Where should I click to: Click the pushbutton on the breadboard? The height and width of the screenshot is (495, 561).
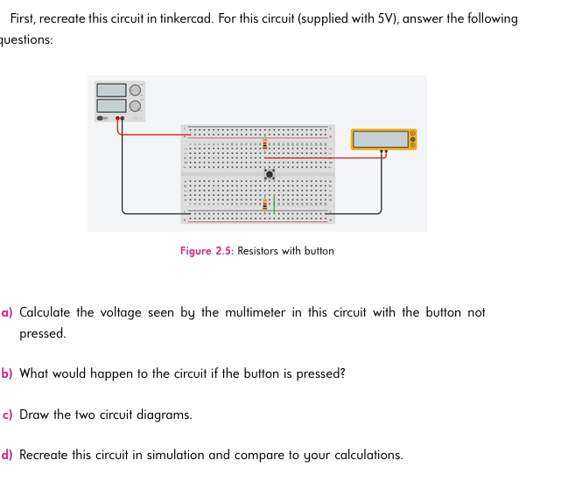pyautogui.click(x=270, y=175)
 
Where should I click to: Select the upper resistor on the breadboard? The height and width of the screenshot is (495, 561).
pyautogui.click(x=264, y=143)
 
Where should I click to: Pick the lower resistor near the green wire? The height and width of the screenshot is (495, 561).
pyautogui.click(x=264, y=204)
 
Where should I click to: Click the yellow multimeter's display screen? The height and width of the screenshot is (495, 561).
pyautogui.click(x=381, y=139)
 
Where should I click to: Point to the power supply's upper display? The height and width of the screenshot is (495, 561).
pyautogui.click(x=111, y=90)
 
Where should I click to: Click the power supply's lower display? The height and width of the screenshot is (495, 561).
pyautogui.click(x=111, y=105)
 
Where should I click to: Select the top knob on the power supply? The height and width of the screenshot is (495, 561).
pyautogui.click(x=135, y=90)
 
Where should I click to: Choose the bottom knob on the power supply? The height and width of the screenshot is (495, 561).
pyautogui.click(x=135, y=105)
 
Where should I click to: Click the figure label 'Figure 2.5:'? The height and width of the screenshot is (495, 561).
pyautogui.click(x=207, y=251)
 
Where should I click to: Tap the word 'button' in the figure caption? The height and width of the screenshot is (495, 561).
pyautogui.click(x=319, y=251)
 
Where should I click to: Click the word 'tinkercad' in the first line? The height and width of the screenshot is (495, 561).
pyautogui.click(x=185, y=18)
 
